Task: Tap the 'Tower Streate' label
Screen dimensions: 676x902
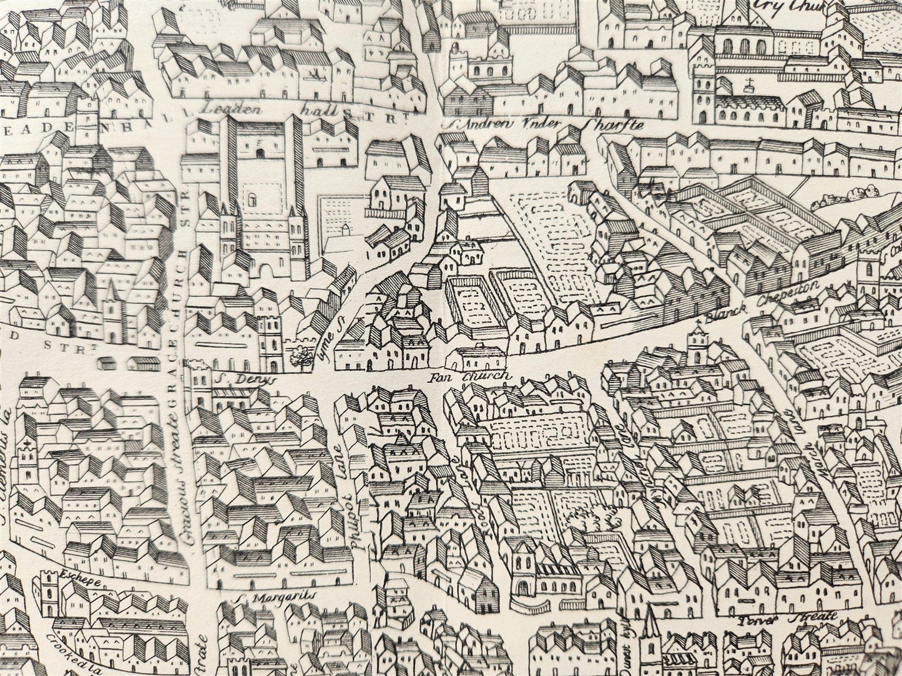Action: (x=787, y=619)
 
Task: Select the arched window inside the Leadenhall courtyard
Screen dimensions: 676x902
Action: (x=253, y=198)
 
